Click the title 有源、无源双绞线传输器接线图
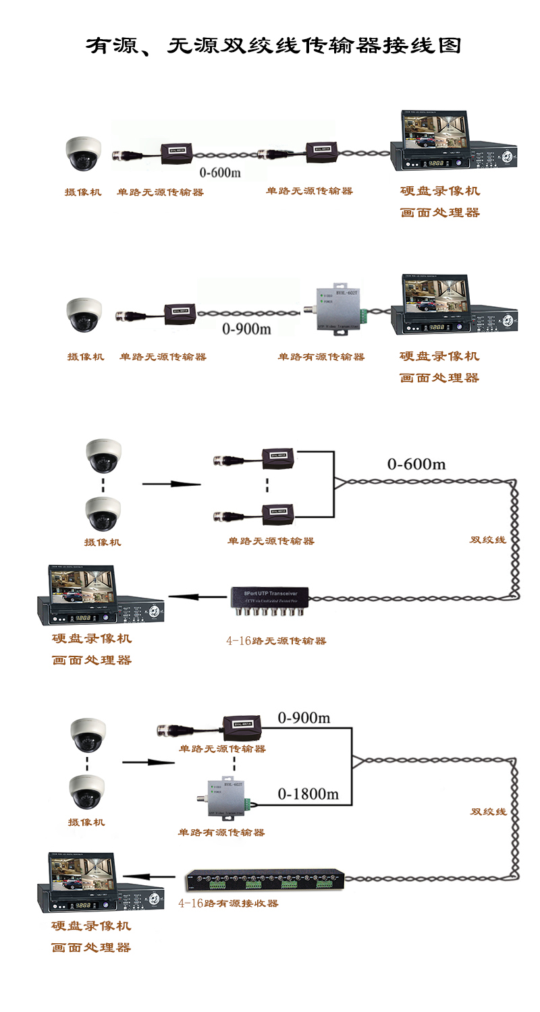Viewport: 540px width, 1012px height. [x=273, y=46]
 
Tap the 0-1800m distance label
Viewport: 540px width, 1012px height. [x=308, y=794]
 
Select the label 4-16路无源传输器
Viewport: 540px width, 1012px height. [x=276, y=640]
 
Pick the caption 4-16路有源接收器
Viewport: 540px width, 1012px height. [x=228, y=903]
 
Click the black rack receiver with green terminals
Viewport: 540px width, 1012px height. [x=265, y=880]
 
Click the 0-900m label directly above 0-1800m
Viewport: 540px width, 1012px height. [x=304, y=719]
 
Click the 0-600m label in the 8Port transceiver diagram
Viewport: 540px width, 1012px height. [x=416, y=464]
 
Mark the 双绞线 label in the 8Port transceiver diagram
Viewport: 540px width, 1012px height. [x=487, y=540]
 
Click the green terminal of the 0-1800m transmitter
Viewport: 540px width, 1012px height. [x=248, y=804]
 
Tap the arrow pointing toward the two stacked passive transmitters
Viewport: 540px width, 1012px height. [x=171, y=484]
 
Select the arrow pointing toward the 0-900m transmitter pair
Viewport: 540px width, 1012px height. [x=147, y=762]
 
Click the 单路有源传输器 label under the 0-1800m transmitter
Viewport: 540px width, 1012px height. [x=221, y=833]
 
